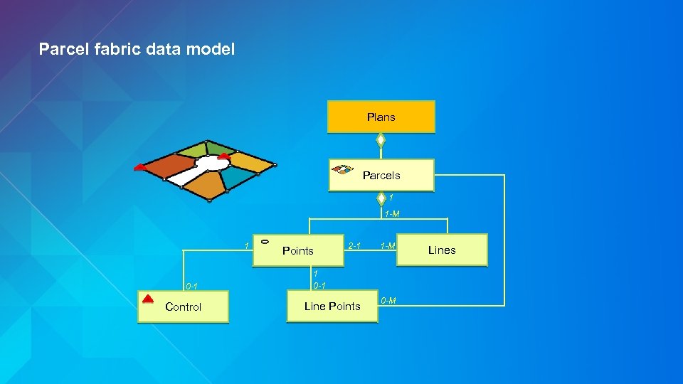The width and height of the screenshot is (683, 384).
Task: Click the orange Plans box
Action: point(381,117)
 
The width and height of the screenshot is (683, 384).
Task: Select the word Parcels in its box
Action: point(381,176)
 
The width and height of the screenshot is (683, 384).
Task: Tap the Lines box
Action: point(442,250)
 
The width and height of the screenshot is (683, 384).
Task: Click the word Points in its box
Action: point(297,251)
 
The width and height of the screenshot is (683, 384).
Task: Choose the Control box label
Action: point(183,307)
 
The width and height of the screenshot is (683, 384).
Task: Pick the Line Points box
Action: point(332,306)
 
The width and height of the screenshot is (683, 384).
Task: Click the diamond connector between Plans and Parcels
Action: point(381,140)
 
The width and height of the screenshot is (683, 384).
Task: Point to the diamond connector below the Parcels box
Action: point(381,197)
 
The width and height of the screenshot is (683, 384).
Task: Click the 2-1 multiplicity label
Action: point(354,246)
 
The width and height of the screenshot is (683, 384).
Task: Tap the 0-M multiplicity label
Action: point(388,301)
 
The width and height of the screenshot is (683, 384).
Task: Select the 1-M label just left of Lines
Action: point(388,246)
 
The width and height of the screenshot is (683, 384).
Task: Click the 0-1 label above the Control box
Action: point(191,287)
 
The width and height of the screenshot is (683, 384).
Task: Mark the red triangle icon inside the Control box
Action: point(148,299)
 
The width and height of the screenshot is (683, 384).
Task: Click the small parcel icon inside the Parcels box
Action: point(343,169)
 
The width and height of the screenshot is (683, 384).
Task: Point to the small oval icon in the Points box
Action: point(264,241)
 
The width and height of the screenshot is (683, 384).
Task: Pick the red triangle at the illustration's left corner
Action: point(139,167)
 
